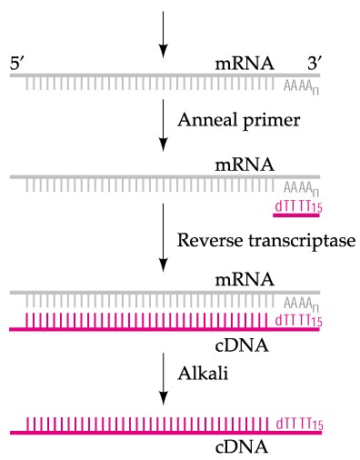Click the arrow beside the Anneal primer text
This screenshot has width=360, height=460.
coord(162,123)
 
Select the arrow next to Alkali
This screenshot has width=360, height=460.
coord(162,375)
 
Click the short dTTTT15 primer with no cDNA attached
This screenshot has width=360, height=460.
coord(298,208)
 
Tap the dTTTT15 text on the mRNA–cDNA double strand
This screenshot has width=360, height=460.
coord(298,320)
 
